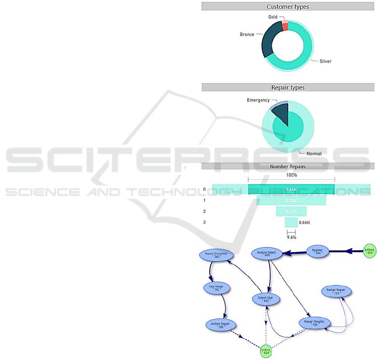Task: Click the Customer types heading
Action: (288, 7)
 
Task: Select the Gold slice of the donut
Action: (285, 26)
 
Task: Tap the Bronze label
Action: (247, 34)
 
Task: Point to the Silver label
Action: (325, 61)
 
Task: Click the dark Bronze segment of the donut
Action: (269, 42)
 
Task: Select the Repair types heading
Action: (288, 87)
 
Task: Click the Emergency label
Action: (258, 100)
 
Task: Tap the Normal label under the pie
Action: (314, 154)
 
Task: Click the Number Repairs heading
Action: (288, 166)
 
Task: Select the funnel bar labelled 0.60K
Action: (292, 189)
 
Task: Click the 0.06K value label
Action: (305, 222)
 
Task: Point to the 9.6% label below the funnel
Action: (291, 237)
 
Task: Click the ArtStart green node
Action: (370, 251)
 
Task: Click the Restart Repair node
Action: (336, 291)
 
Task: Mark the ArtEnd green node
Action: (266, 351)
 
